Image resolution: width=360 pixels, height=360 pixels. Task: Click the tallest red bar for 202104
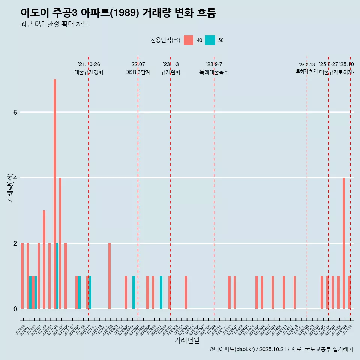point(55,194)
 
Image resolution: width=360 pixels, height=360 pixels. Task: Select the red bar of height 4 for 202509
point(344,243)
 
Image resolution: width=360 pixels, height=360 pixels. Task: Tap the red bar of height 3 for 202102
point(44,259)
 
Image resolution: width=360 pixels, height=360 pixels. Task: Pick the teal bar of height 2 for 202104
point(57,276)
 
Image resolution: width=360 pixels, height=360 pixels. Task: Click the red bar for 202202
point(109,276)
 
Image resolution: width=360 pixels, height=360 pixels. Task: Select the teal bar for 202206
point(133,292)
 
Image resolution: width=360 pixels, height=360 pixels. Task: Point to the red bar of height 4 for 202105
point(60,243)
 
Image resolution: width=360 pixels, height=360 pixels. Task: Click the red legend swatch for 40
point(189,40)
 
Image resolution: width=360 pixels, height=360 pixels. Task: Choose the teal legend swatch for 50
point(210,40)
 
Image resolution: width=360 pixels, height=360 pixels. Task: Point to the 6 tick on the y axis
point(15,112)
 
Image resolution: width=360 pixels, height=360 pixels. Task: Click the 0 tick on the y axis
point(15,309)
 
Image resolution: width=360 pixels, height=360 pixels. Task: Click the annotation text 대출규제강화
point(89,72)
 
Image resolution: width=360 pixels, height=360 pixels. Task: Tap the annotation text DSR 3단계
point(138,72)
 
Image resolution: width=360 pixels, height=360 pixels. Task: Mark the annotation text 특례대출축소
point(214,72)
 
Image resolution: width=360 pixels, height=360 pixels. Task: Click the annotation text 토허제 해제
point(307,71)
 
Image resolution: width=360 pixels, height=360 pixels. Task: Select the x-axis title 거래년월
point(187,340)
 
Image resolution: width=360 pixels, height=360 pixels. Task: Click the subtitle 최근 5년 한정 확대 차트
point(55,24)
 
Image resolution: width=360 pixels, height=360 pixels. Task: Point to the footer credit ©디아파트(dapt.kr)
point(232,349)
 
